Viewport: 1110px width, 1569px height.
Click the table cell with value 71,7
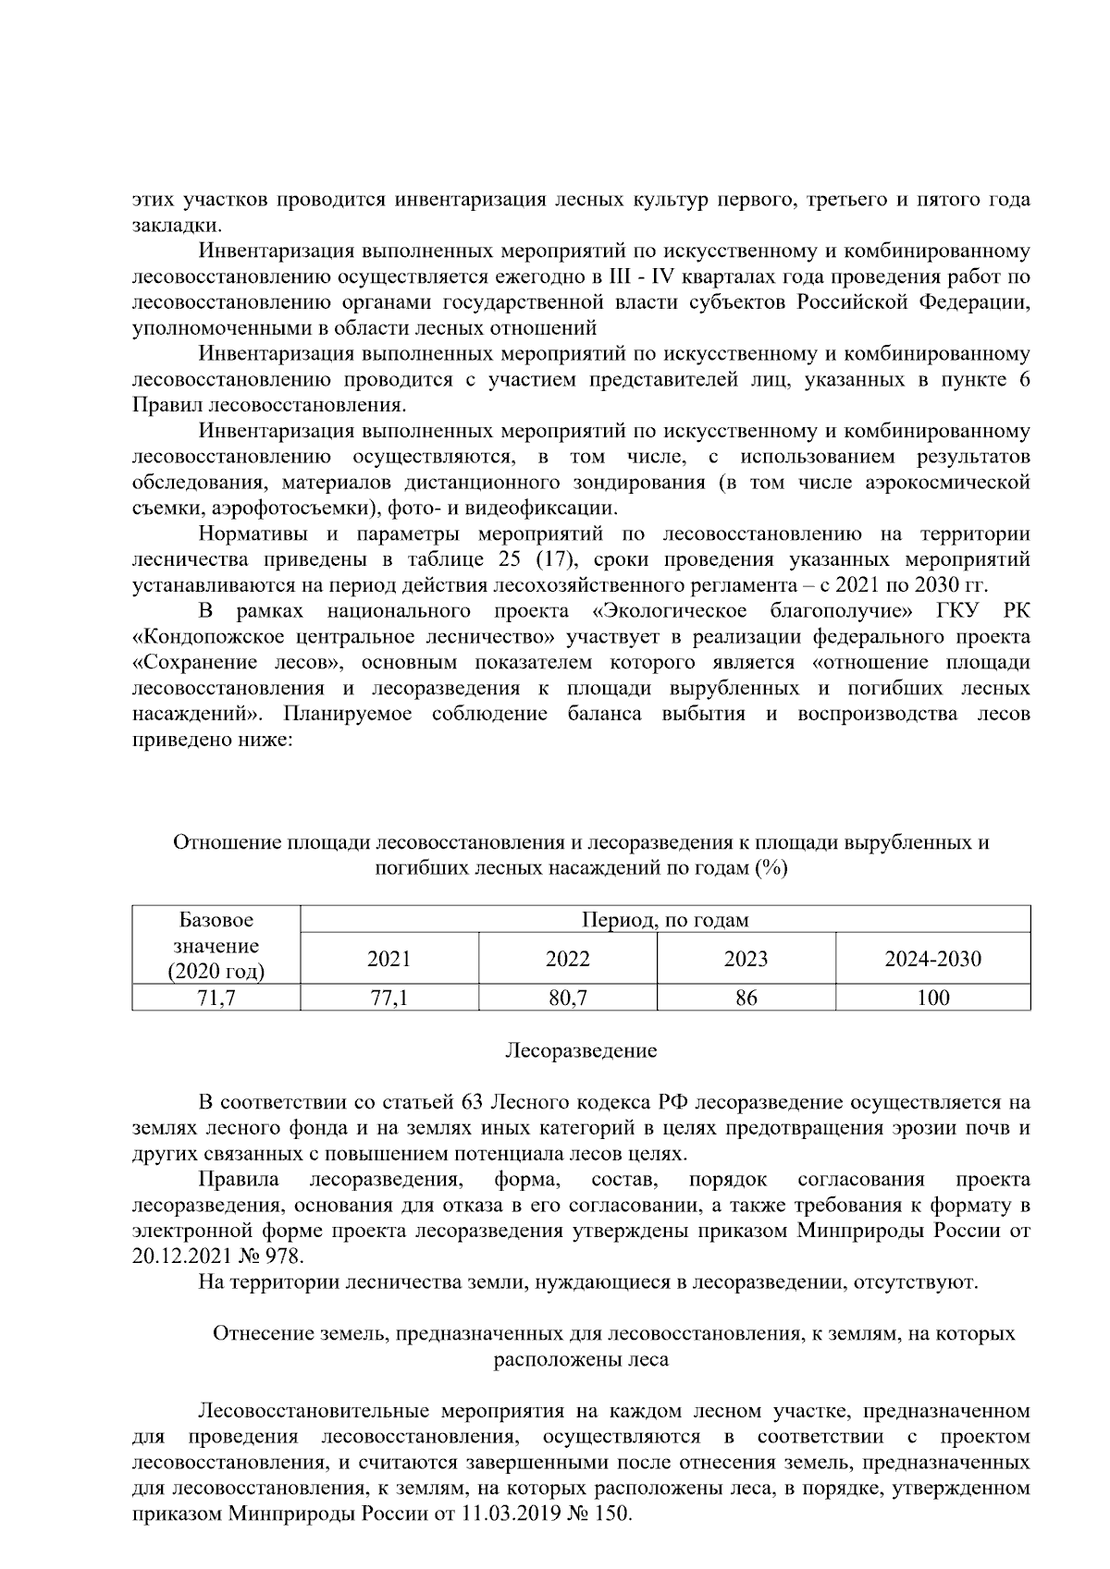tap(216, 997)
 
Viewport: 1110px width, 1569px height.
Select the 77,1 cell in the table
tap(388, 997)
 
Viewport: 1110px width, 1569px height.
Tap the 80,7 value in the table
tap(567, 997)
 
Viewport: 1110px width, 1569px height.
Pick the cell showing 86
tap(746, 997)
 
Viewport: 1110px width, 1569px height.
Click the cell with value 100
tap(932, 997)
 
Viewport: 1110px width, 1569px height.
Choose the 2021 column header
tap(388, 959)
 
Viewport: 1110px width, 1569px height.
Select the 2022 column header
tap(567, 959)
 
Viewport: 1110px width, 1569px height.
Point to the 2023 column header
tap(746, 959)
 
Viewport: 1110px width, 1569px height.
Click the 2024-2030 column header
tap(932, 959)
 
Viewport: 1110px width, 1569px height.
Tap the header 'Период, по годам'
tap(664, 920)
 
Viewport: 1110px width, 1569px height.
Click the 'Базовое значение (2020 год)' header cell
tap(216, 946)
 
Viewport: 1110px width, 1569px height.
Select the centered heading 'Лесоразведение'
tap(581, 1050)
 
